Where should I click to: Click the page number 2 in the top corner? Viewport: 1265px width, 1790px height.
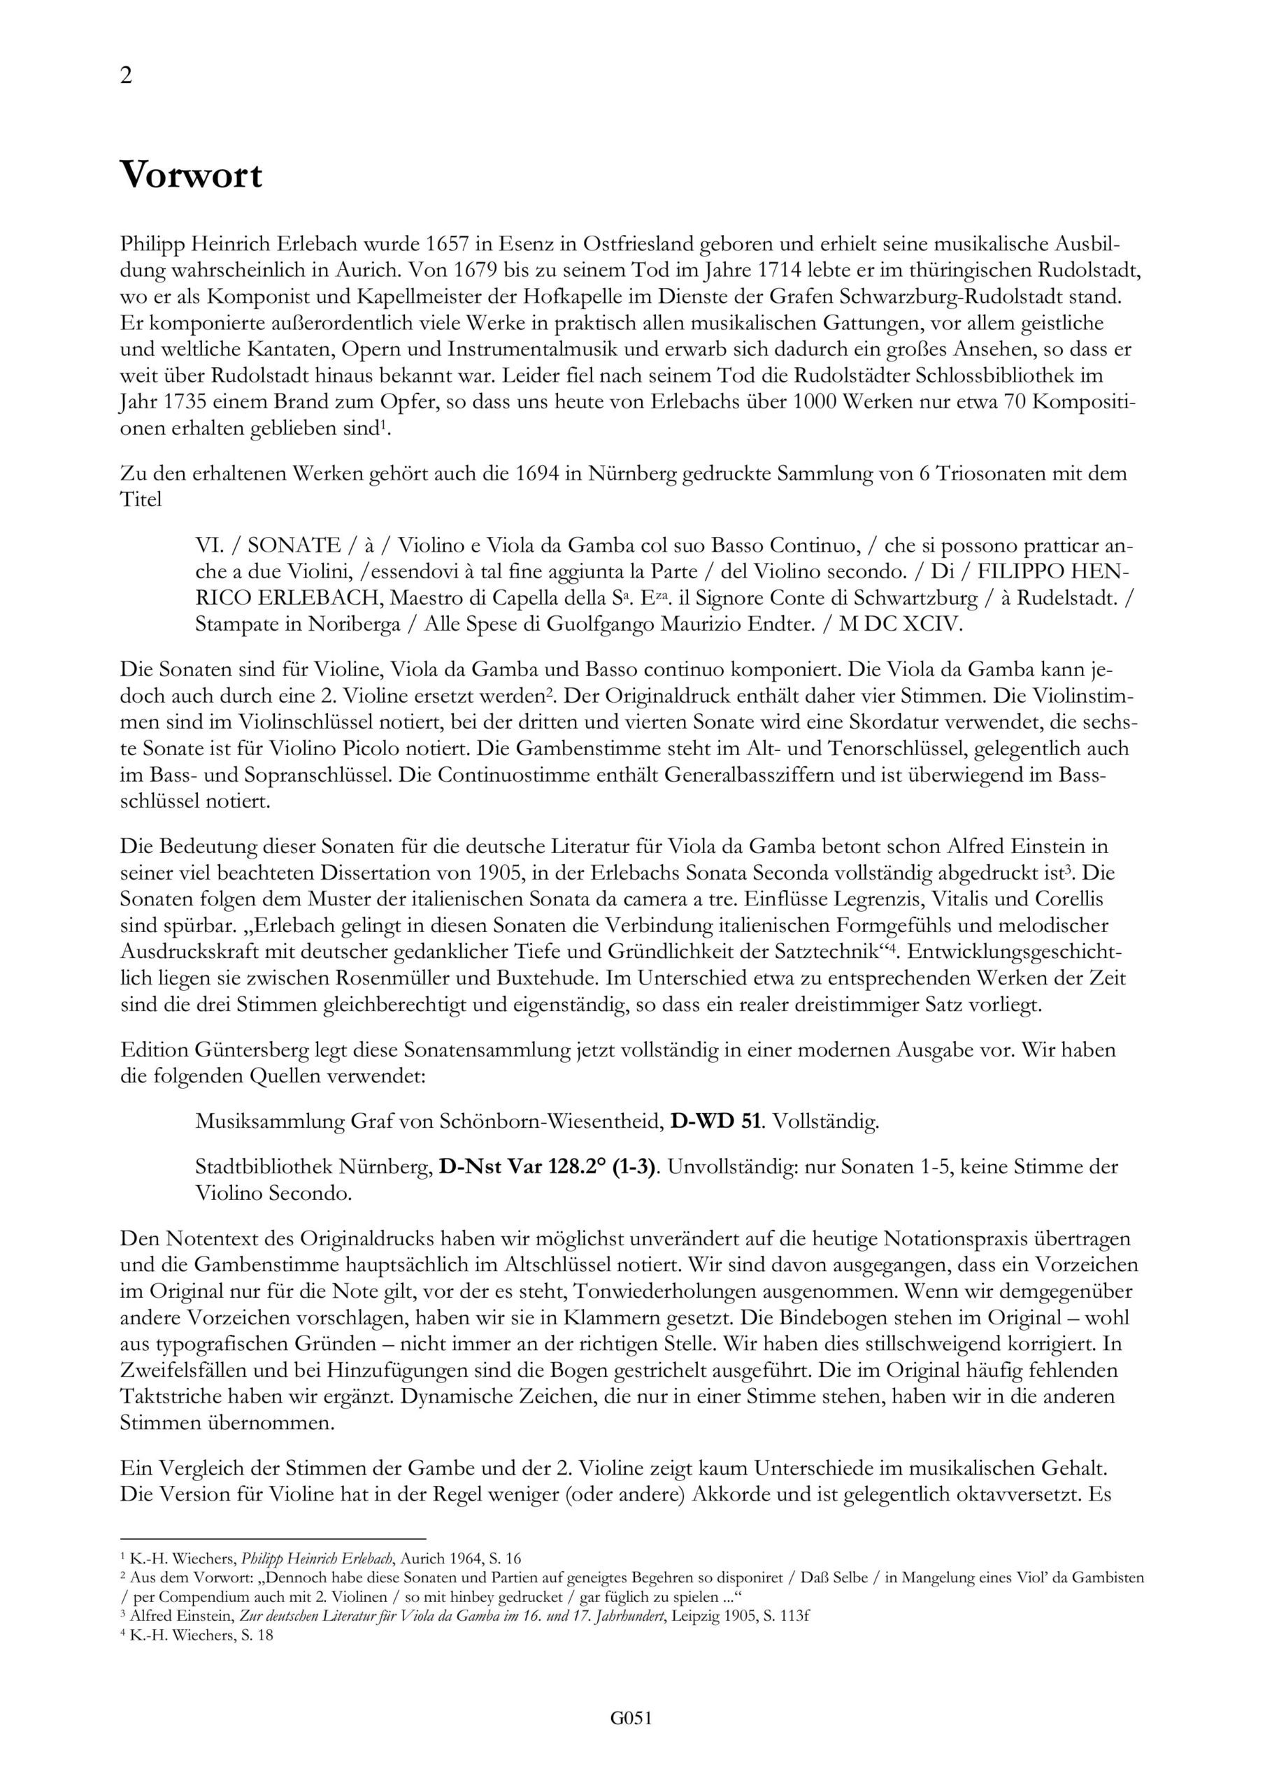127,76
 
